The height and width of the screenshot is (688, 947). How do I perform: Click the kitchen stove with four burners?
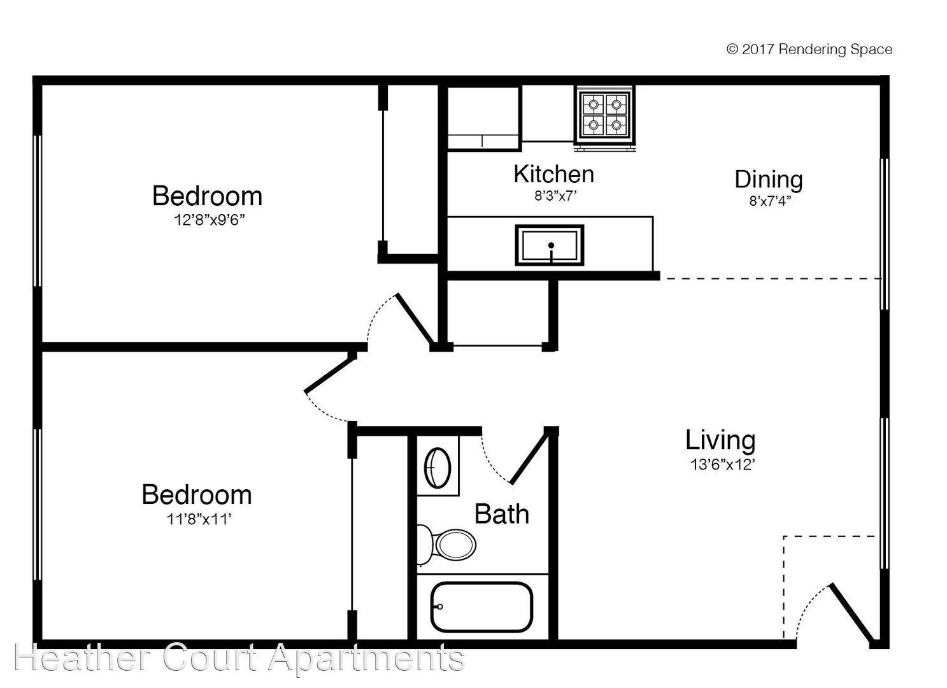(x=604, y=115)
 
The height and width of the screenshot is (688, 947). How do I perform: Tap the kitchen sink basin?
(x=550, y=245)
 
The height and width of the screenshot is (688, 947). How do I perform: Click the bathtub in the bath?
(x=481, y=606)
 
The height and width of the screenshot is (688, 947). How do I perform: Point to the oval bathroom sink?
(x=438, y=468)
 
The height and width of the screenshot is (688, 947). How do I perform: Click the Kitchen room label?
(x=553, y=173)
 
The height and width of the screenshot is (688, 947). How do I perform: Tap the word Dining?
(x=768, y=179)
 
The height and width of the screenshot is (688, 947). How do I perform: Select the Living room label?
(x=720, y=440)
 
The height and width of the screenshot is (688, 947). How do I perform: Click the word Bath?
(x=502, y=513)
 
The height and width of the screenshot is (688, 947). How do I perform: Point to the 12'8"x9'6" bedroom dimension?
(x=210, y=220)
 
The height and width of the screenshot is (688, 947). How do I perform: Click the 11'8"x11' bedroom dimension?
(x=198, y=519)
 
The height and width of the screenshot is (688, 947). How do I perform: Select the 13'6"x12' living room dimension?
(x=722, y=465)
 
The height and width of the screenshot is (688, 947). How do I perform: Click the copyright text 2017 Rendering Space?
(x=809, y=50)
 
